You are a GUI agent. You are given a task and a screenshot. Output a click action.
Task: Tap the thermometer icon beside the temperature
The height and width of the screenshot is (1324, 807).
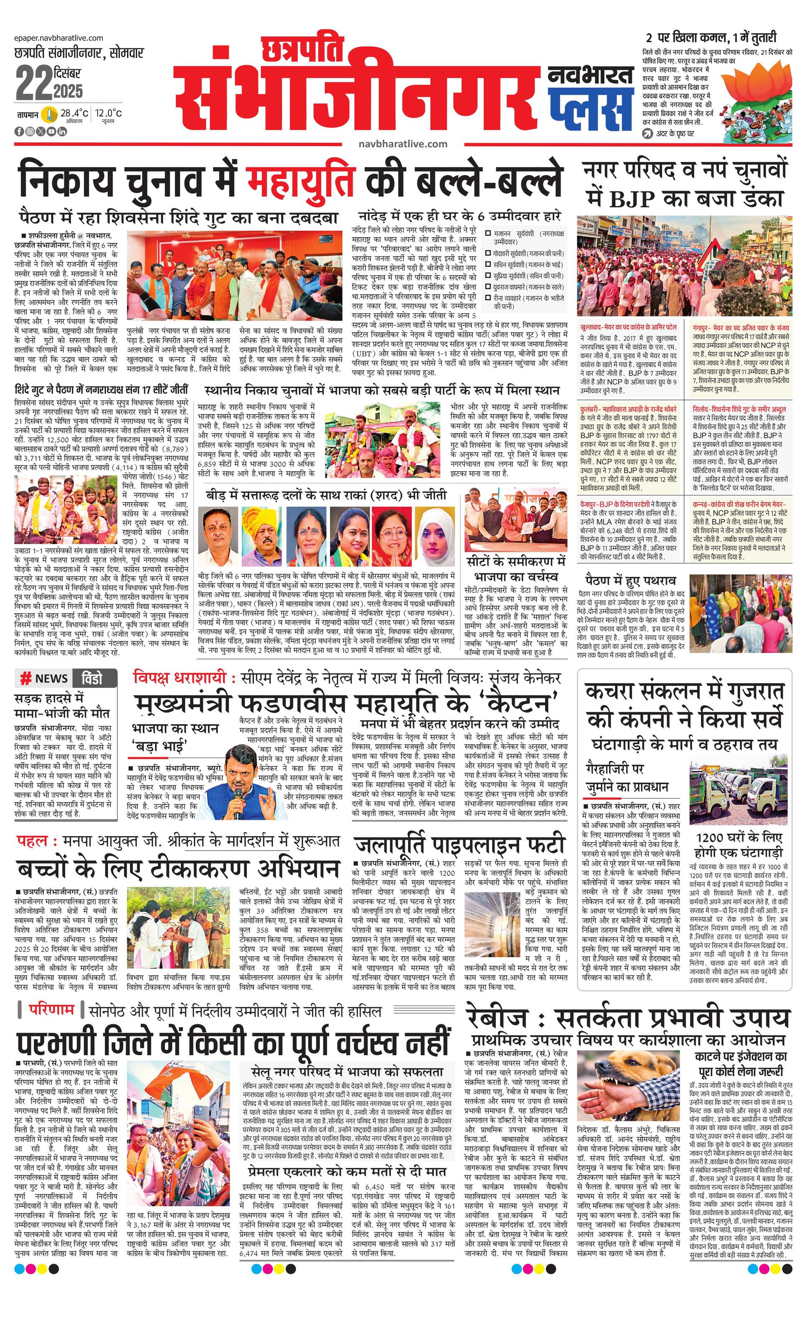pyautogui.click(x=50, y=114)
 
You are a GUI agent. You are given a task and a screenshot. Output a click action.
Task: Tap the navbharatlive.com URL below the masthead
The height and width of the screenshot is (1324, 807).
pyautogui.click(x=403, y=144)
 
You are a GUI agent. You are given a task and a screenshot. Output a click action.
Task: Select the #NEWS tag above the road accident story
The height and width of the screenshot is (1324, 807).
pyautogui.click(x=44, y=678)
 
